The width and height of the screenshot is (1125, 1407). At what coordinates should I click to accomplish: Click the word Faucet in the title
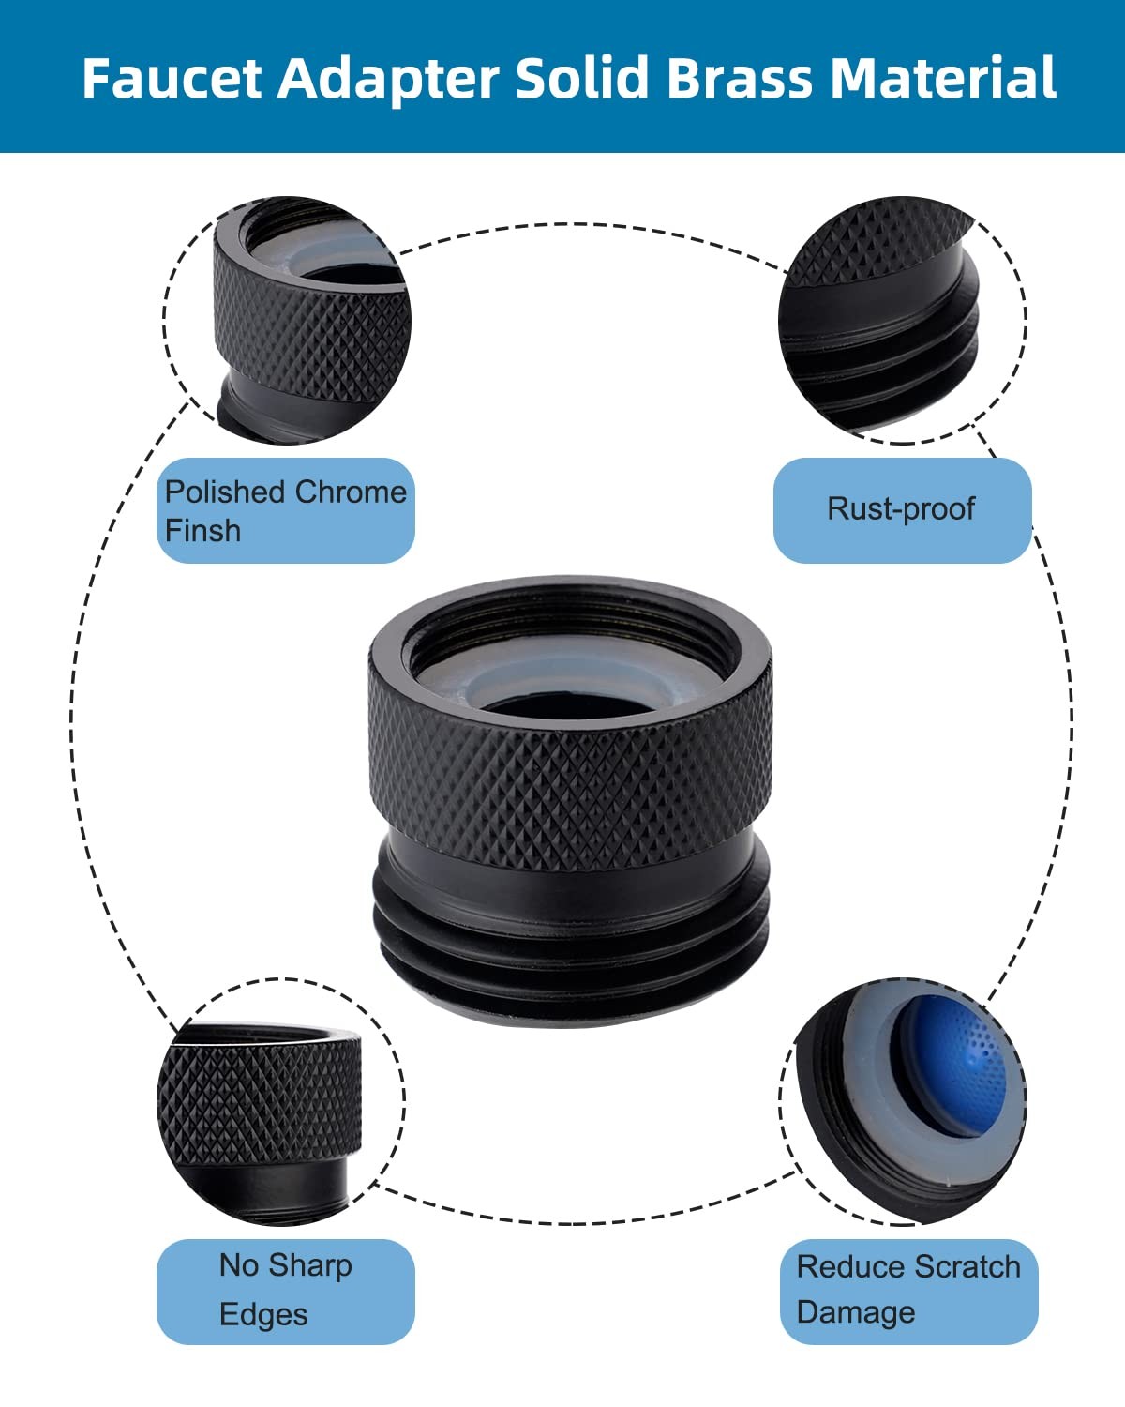tap(172, 78)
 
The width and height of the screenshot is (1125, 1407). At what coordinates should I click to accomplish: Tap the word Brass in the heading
tap(742, 78)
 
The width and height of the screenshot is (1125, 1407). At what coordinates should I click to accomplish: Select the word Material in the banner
tap(942, 78)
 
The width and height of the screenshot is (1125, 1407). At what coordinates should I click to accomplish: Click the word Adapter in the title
tap(388, 80)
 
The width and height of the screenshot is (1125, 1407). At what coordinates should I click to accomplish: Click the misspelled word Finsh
tap(202, 531)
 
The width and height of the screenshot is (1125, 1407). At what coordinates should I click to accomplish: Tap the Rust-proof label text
tap(902, 509)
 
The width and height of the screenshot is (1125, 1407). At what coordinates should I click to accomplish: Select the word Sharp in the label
tap(310, 1267)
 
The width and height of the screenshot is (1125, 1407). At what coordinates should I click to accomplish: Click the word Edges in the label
tap(263, 1315)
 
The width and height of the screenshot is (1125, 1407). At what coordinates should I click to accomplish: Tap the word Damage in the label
tap(856, 1313)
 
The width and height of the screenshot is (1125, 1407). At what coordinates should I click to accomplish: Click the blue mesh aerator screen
tap(954, 1070)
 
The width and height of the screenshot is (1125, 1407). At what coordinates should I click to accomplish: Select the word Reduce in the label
tap(849, 1268)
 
